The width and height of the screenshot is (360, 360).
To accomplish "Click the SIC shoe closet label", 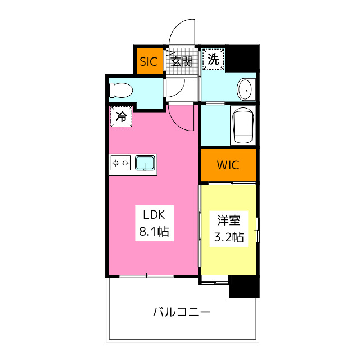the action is pos(148,61).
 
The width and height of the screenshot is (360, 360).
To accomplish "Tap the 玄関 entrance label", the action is pos(181,61).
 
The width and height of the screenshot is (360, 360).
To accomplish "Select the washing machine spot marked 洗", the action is pos(213,59).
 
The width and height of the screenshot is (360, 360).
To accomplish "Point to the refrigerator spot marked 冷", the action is pos(121,116).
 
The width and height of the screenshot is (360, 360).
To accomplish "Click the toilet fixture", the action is pos(121,90).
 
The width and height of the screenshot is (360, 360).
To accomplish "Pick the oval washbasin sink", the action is pos(244,89).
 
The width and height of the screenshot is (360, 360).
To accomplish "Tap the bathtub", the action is pos(244,125).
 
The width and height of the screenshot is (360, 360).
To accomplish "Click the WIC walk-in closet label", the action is pos(228,165).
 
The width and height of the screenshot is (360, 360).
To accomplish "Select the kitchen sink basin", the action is pos(145,163).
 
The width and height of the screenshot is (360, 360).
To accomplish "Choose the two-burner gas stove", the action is pos(120,163).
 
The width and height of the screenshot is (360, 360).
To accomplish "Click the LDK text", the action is pos(154,215).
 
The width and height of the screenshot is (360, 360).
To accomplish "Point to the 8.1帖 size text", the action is pos(154,231).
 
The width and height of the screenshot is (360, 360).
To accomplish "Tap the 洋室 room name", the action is pos(229,220).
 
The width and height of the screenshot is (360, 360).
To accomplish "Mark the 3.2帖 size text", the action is pos(229,237).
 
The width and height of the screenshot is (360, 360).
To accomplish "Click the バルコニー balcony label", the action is pos(182,312).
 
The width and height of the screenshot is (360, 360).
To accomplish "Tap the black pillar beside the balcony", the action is pos(244,286).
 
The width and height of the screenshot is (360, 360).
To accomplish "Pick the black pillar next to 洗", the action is pos(242,58).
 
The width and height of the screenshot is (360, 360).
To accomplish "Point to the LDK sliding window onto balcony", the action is pos(146,276).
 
